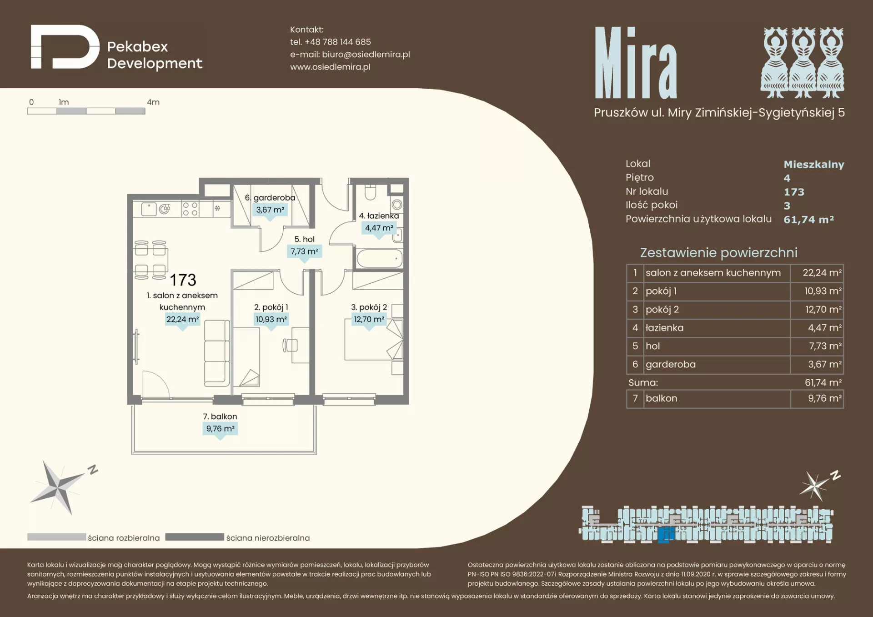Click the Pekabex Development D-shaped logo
[x=65, y=47]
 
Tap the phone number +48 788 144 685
[x=338, y=42]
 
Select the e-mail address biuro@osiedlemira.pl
[x=366, y=55]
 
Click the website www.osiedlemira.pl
[x=330, y=67]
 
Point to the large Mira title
[x=636, y=63]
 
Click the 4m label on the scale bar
[x=153, y=102]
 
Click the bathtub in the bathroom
[x=380, y=258]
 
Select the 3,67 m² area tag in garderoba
[x=270, y=210]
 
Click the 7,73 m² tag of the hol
[x=305, y=251]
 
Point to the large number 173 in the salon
[x=183, y=280]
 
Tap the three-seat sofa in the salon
[x=216, y=353]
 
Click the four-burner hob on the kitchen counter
[x=190, y=209]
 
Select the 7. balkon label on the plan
[x=220, y=416]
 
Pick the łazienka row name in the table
[x=664, y=328]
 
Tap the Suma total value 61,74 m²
[x=823, y=383]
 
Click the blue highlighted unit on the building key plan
[x=666, y=534]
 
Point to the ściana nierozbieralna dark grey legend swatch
[x=194, y=537]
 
